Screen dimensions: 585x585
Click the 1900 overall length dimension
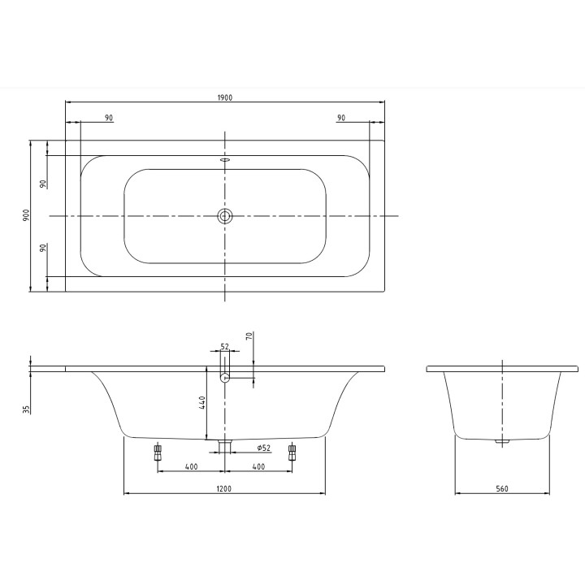pos(225,97)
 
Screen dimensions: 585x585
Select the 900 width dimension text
pos(26,215)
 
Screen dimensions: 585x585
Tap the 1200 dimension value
pos(224,488)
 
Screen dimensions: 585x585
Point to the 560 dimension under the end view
pos(501,488)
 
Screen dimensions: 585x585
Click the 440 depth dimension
pos(202,403)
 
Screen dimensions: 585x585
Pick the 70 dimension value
pos(249,335)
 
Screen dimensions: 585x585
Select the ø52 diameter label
pos(263,448)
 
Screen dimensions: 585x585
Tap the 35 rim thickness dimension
pos(26,409)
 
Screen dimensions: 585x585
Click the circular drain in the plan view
pos(225,216)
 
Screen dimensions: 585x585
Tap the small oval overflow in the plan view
pos(225,160)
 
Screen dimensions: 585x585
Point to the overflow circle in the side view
pos(225,376)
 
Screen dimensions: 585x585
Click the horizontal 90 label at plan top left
pos(109,119)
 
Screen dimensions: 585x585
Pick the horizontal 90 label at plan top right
pos(341,119)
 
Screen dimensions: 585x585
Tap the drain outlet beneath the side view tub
pos(225,444)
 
